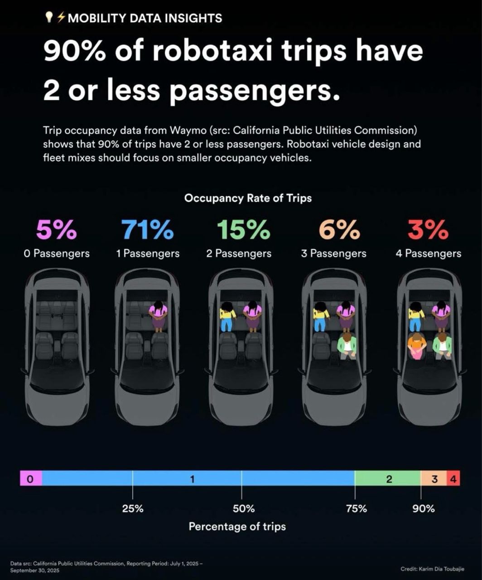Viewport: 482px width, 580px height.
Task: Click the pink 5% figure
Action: (x=57, y=230)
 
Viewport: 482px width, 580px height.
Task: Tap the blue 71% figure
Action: (x=148, y=230)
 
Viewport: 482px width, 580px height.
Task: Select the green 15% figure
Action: (x=243, y=230)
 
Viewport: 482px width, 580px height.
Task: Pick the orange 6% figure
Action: (x=336, y=230)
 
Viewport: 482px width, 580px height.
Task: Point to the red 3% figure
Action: (x=428, y=230)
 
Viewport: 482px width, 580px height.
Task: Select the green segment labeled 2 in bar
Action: (x=388, y=478)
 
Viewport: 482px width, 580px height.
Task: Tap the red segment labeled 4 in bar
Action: (x=453, y=478)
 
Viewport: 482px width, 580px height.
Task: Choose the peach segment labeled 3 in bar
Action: (x=434, y=478)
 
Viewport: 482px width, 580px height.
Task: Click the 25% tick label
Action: (x=133, y=508)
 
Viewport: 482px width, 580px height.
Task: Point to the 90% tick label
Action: (x=423, y=508)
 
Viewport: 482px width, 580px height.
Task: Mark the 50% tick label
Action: (x=243, y=508)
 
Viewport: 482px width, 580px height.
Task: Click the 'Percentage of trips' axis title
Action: (x=237, y=526)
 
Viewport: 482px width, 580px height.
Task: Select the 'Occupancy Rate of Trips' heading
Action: (x=248, y=198)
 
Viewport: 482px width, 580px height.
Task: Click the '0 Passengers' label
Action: (x=57, y=253)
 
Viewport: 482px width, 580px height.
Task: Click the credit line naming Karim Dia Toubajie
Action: (x=432, y=569)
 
